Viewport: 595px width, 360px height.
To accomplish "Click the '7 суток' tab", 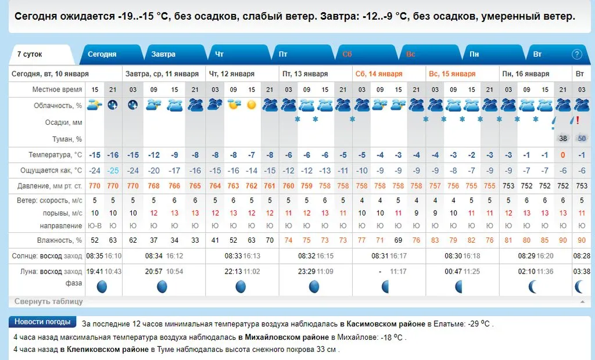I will (x=30, y=54).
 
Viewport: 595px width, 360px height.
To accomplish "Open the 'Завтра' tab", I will (x=163, y=54).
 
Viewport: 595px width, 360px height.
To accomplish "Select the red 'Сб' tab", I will (x=347, y=54).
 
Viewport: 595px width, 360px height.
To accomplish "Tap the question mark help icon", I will (x=577, y=54).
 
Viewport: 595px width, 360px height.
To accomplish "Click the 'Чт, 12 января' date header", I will (x=231, y=74).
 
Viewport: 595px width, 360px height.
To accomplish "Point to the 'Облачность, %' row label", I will (x=57, y=106).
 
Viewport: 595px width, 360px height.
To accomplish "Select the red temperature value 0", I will (x=562, y=155).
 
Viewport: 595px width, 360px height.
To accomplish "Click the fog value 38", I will (x=562, y=138).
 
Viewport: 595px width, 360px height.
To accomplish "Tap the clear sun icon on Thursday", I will (x=251, y=105).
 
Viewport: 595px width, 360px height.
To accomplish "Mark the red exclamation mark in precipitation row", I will (x=578, y=120).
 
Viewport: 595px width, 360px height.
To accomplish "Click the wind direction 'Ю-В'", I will (x=95, y=225).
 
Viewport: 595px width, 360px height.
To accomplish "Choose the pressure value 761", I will (x=270, y=186).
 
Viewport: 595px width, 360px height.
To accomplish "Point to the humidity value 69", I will (x=398, y=239).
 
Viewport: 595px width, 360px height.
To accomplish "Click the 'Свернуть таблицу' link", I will (x=48, y=301).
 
